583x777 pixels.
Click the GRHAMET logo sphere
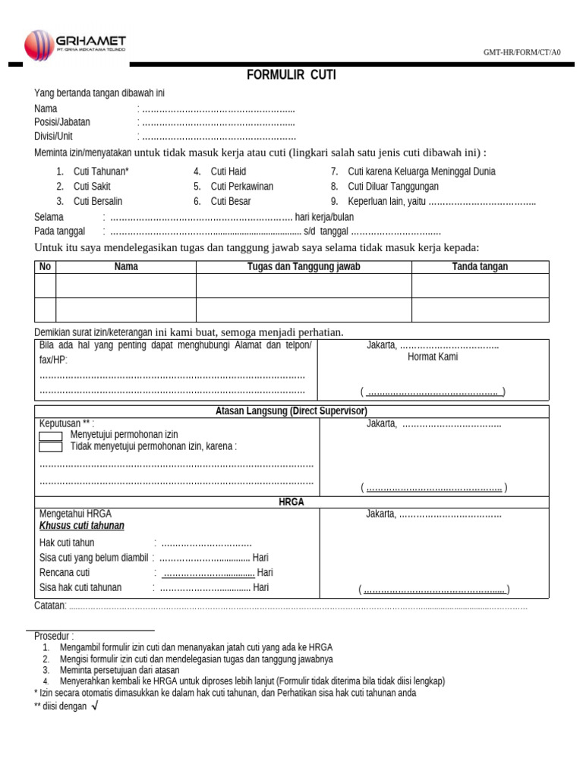(x=40, y=45)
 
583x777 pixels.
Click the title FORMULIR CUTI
(x=291, y=74)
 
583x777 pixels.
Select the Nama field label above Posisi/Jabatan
(x=46, y=109)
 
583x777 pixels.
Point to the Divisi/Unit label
(x=53, y=136)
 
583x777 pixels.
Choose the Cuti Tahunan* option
(x=101, y=171)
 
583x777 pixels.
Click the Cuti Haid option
(x=228, y=171)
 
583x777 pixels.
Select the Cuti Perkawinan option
(x=241, y=186)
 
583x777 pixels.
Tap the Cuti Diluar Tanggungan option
(x=392, y=186)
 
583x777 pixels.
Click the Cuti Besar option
(x=230, y=201)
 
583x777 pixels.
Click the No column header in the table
(x=45, y=266)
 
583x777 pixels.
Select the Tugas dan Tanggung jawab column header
(x=304, y=266)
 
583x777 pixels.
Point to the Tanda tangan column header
(x=480, y=266)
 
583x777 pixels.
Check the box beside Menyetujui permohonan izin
(x=50, y=436)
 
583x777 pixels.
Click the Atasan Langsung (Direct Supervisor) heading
(x=291, y=411)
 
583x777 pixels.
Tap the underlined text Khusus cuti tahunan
(x=82, y=526)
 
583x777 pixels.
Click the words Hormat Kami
(x=433, y=357)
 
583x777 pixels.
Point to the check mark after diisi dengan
(x=94, y=706)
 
